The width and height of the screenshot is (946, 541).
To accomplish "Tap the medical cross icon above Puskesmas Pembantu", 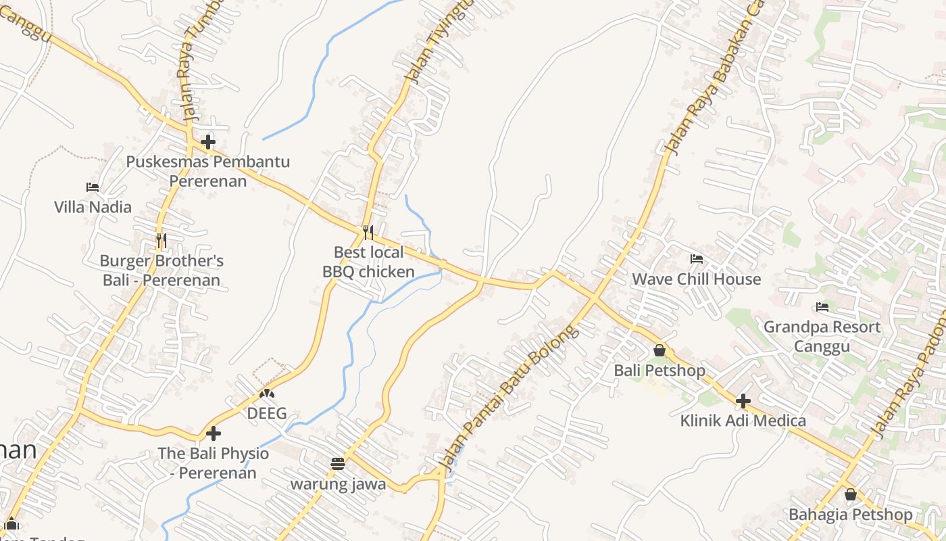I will coord(208,142).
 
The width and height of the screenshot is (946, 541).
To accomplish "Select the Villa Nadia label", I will coord(93,207).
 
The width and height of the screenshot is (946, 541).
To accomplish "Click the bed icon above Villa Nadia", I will coord(93,187).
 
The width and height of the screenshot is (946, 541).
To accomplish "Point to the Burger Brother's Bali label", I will coord(161,270).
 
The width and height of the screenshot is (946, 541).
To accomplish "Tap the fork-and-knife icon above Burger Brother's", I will coord(161,240).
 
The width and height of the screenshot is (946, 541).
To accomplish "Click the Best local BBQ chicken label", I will coord(368,262).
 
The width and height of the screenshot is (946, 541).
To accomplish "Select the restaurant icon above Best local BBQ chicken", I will coord(368,233).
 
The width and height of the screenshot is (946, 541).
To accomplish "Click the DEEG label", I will coord(267,413).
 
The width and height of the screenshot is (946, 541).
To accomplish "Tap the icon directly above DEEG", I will coord(267,393).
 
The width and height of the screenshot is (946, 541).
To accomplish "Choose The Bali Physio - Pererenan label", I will coord(214,463).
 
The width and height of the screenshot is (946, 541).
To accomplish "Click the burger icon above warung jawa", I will coord(338,463).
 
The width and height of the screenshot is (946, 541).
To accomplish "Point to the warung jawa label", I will coord(338,484).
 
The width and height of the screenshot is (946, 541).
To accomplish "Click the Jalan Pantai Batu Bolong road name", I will coord(510,398).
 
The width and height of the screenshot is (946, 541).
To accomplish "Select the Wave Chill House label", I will coord(696,279).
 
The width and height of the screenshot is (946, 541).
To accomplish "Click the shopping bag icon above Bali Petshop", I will coord(659,350).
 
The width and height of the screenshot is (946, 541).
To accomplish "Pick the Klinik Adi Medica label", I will coord(743,421).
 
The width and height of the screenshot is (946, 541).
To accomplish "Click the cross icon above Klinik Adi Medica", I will coord(743,401).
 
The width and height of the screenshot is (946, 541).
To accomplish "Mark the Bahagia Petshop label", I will coord(850,515).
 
